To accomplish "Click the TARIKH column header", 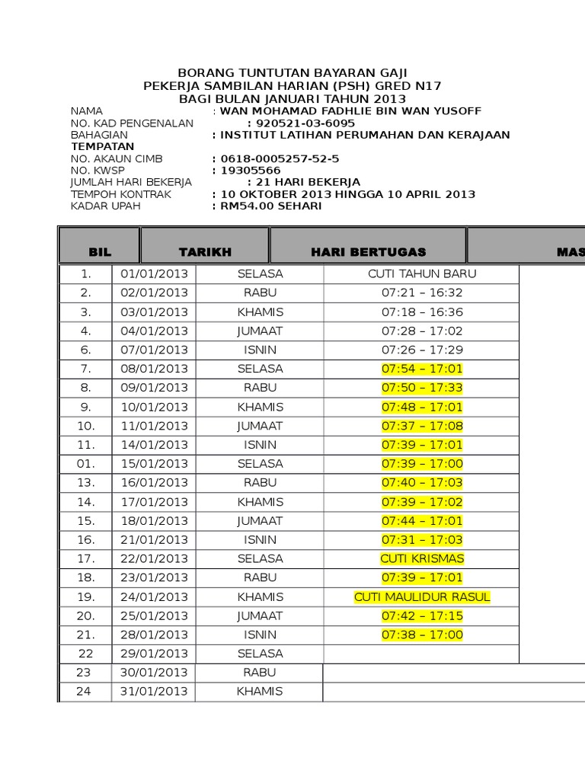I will point(205,251).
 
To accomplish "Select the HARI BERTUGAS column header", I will point(368,251).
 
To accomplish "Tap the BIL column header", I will point(100,251).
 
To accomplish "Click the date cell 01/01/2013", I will point(154,273).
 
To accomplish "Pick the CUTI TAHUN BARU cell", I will point(422,273).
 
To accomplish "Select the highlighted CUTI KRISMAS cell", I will point(422,559).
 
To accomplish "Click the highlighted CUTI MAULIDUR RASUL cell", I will point(422,597).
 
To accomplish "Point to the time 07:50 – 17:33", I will point(422,388).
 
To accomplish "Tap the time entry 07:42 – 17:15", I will point(422,615).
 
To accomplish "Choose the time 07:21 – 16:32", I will point(422,292).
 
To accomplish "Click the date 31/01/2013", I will point(154,692).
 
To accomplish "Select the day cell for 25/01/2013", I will point(260,615).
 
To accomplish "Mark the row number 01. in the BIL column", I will point(86,464).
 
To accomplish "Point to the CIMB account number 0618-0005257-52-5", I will point(279,158).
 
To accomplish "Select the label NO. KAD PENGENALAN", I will point(132,123).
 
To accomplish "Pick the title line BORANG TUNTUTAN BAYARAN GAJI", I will point(292,73).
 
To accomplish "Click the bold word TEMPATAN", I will point(103,146).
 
